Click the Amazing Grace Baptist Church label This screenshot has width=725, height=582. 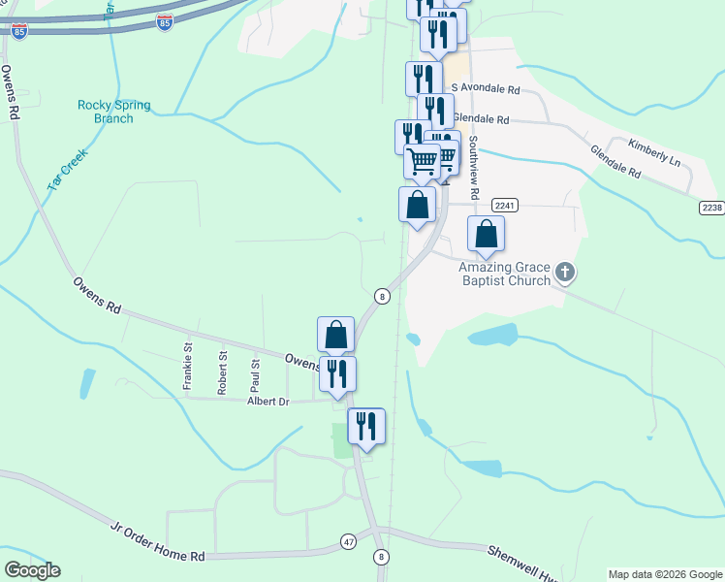coord(504,274)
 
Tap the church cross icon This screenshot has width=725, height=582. coord(566,274)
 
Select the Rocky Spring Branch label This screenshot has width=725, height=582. coord(106,112)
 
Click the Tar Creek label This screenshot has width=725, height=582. coord(66,168)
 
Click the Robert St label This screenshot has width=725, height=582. coord(223,372)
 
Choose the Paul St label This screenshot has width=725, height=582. coord(256,372)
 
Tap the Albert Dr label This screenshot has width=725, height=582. coord(268,401)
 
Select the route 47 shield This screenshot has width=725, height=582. coord(348,540)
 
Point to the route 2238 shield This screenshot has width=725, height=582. coord(711,208)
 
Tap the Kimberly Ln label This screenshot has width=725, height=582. coord(654,154)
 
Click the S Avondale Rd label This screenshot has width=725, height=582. coord(486,89)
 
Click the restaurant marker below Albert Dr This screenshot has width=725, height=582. coord(366,427)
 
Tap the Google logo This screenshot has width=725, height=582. coord(32,570)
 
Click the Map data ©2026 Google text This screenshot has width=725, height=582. coord(666,574)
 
